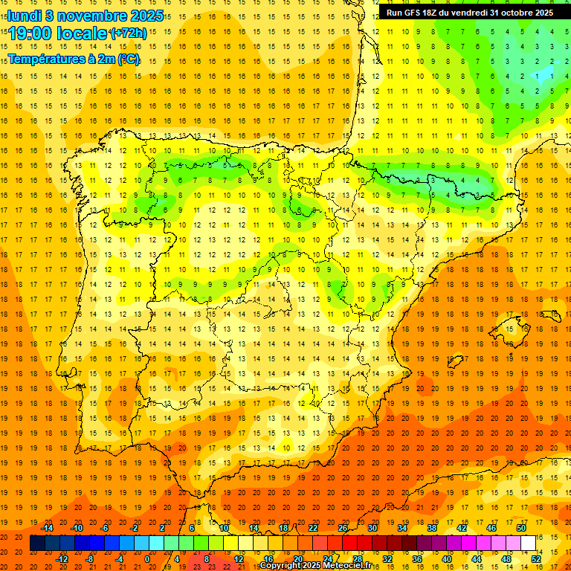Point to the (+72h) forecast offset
pyautogui.click(x=128, y=33)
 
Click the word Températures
pyautogui.click(x=48, y=58)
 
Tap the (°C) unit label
pyautogui.click(x=129, y=58)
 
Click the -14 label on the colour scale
pyautogui.click(x=48, y=528)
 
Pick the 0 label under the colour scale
pyautogui.click(x=147, y=559)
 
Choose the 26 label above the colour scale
pyautogui.click(x=343, y=528)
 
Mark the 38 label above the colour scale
pyautogui.click(x=432, y=528)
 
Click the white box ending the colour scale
pyautogui.click(x=529, y=543)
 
